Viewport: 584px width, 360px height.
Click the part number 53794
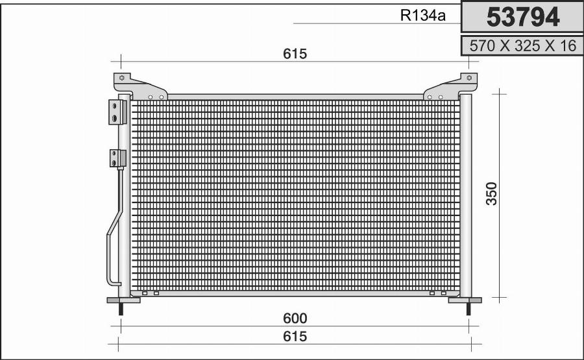click(x=523, y=17)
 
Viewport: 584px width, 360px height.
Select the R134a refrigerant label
click(x=422, y=16)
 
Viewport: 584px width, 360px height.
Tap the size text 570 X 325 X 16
click(x=523, y=46)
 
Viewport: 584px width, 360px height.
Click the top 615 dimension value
click(x=295, y=54)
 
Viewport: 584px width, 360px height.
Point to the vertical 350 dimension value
click(x=492, y=193)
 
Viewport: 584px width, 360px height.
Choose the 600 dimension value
click(x=295, y=318)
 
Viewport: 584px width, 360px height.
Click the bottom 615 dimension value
click(x=295, y=336)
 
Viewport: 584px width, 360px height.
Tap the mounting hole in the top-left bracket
click(x=121, y=78)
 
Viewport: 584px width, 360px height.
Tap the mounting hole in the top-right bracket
click(x=469, y=78)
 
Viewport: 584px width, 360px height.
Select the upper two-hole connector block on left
click(x=117, y=112)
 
